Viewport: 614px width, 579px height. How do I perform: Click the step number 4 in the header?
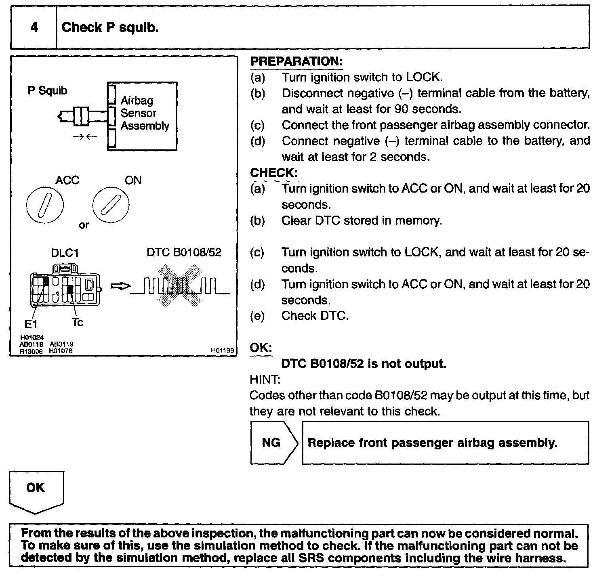[x=34, y=27]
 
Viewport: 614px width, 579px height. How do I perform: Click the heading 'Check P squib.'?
[x=110, y=27]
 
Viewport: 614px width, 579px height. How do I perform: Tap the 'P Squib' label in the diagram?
[x=47, y=90]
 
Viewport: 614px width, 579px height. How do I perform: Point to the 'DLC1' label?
[x=65, y=253]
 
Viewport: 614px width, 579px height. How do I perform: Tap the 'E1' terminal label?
[x=31, y=324]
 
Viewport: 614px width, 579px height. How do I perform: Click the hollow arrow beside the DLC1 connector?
[x=120, y=286]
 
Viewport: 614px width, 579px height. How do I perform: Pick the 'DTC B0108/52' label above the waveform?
[x=184, y=252]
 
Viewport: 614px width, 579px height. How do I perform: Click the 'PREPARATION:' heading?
[x=296, y=62]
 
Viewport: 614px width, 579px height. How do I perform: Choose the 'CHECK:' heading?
[x=274, y=173]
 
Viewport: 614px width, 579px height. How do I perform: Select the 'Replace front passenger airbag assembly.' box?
[x=445, y=443]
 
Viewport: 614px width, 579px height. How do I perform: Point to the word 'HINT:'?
[x=265, y=380]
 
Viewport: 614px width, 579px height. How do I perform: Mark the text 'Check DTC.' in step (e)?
[x=315, y=316]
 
